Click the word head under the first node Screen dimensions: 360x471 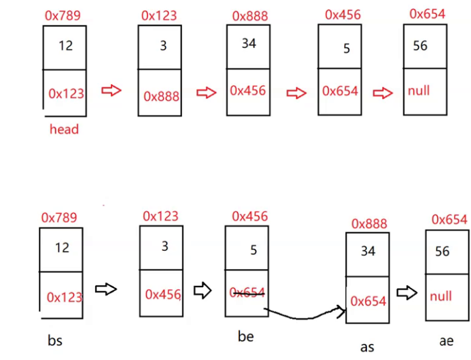point(64,130)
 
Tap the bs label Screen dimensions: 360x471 point(55,340)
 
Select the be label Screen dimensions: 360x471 point(246,336)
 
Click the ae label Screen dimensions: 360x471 point(446,340)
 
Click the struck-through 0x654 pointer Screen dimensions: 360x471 point(248,292)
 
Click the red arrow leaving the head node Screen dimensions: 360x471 point(112,91)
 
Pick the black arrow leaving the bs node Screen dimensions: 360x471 point(106,289)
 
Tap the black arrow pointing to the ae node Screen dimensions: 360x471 point(407,293)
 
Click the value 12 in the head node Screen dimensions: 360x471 point(65,45)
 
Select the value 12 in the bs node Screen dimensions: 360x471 point(62,247)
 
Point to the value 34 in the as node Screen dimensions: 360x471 point(368,251)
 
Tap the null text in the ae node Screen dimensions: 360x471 point(441,296)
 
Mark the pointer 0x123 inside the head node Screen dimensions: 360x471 point(66,94)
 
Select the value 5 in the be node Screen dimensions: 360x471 point(253,250)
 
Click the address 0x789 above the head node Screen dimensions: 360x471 point(63,15)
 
